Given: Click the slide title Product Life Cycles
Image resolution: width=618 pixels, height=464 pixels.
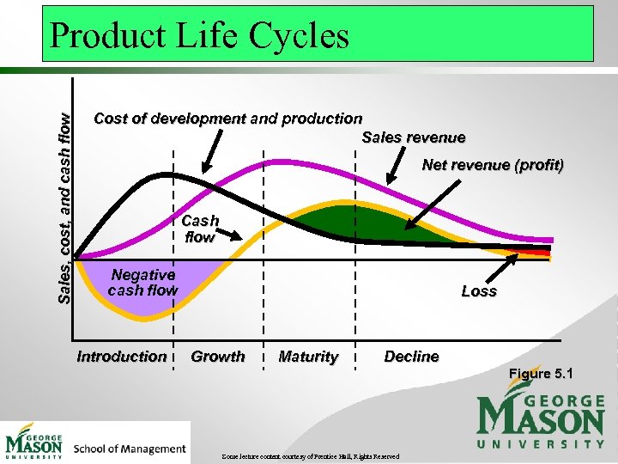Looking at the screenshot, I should pyautogui.click(x=199, y=36).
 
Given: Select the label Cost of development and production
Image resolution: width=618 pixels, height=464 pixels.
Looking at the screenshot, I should pyautogui.click(x=227, y=119).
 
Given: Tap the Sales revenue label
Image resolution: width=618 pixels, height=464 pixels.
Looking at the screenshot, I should pyautogui.click(x=414, y=137).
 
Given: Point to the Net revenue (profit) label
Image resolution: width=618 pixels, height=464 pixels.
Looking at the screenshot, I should pyautogui.click(x=493, y=164).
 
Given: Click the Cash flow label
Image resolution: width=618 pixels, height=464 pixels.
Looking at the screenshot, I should pyautogui.click(x=200, y=229).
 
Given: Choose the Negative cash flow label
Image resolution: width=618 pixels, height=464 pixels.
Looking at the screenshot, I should pyautogui.click(x=142, y=283).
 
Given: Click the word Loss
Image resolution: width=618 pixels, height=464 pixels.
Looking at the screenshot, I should pyautogui.click(x=478, y=291).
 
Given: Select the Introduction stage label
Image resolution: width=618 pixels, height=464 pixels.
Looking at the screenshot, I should pyautogui.click(x=122, y=356).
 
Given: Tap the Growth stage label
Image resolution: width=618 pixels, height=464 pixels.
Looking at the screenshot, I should pyautogui.click(x=218, y=356).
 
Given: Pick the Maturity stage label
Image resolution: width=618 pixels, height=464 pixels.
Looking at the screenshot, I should pyautogui.click(x=308, y=357).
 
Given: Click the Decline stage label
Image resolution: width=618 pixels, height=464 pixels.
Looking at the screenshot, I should pyautogui.click(x=411, y=356).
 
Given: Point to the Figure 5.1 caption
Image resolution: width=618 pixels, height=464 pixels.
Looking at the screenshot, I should pyautogui.click(x=541, y=374).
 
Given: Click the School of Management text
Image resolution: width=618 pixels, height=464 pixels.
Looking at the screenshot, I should pyautogui.click(x=130, y=449).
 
